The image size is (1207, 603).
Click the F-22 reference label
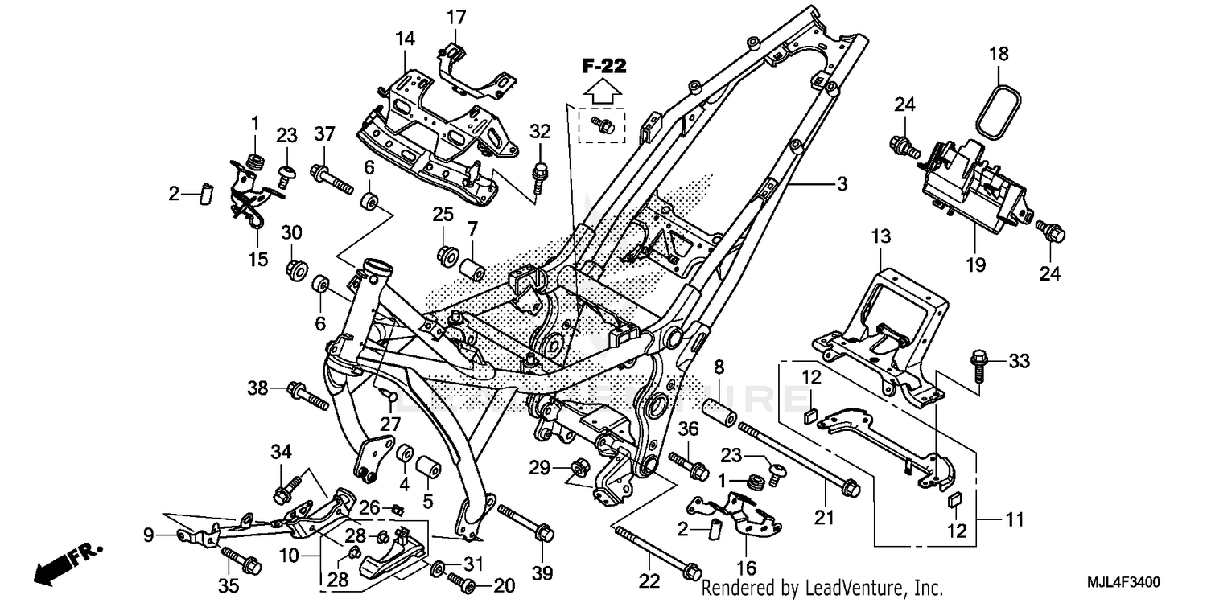pyautogui.click(x=604, y=67)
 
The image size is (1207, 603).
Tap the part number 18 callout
pyautogui.click(x=999, y=55)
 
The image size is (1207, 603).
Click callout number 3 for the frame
pyautogui.click(x=842, y=184)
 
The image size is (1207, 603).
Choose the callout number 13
pyautogui.click(x=881, y=236)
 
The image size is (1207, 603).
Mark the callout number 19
pyautogui.click(x=976, y=265)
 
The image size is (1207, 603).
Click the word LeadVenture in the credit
pyautogui.click(x=869, y=588)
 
